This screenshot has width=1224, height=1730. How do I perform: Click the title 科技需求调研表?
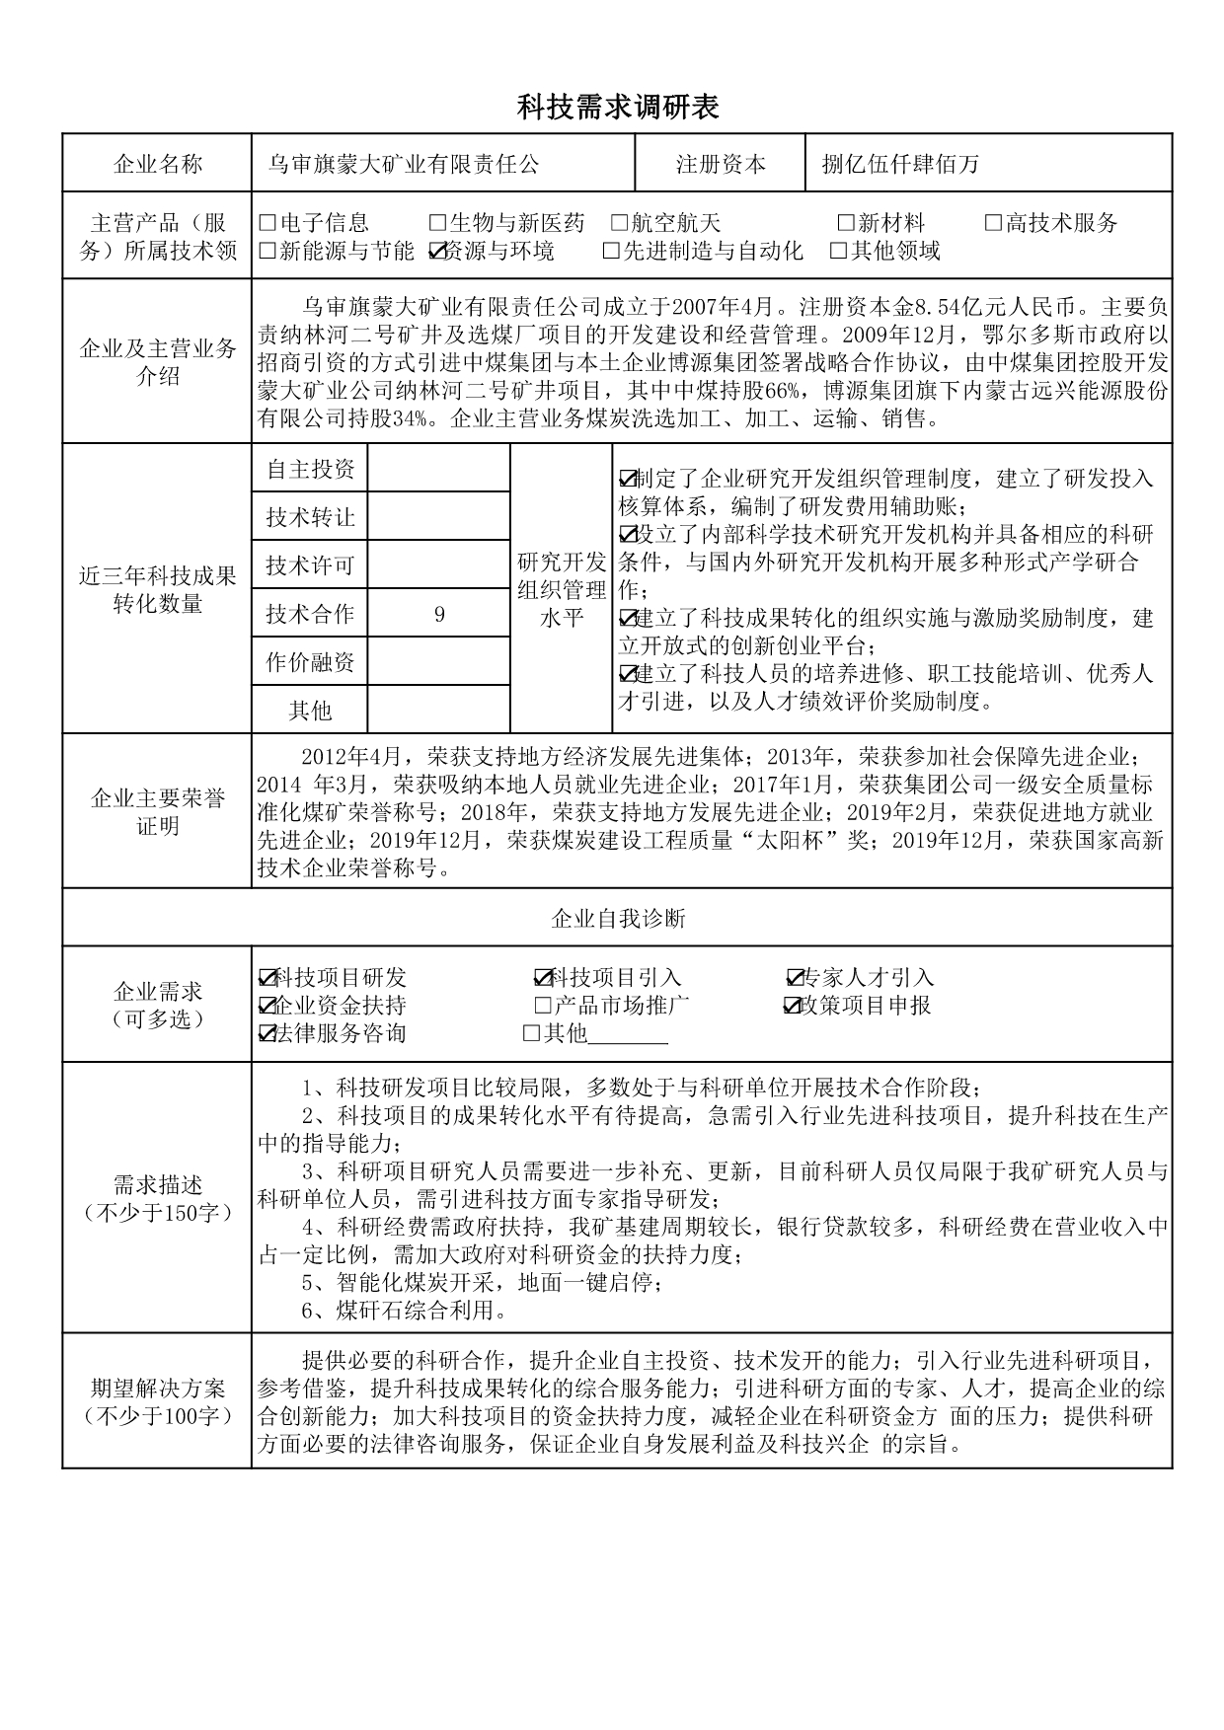point(618,108)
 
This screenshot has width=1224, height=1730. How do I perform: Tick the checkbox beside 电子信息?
point(268,223)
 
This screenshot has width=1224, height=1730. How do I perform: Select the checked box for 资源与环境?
point(438,252)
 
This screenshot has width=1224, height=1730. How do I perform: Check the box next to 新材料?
point(846,223)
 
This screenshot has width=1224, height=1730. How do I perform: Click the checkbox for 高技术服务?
point(994,223)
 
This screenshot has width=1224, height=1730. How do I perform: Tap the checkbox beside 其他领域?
point(839,252)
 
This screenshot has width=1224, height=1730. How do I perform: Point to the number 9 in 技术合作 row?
point(439,614)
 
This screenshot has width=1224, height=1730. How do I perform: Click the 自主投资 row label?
point(310,469)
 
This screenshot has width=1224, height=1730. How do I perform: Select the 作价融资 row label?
point(310,662)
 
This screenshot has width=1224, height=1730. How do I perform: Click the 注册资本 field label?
point(721,164)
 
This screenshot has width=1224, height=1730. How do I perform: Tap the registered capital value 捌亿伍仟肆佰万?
point(900,164)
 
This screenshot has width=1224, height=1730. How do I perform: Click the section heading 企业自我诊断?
point(618,919)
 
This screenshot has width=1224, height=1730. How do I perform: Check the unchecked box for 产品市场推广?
point(542,1006)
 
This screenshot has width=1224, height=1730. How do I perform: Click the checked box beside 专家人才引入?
point(796,978)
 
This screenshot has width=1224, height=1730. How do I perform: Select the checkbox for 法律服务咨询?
point(267,1033)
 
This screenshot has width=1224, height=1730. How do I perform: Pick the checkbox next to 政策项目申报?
point(793,1006)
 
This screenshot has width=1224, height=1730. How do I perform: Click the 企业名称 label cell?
point(158,164)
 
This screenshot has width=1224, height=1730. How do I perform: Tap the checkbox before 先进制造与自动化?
point(612,252)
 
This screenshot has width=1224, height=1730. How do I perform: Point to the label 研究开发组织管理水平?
point(562,590)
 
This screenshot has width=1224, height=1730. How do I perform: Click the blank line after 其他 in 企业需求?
point(629,1035)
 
